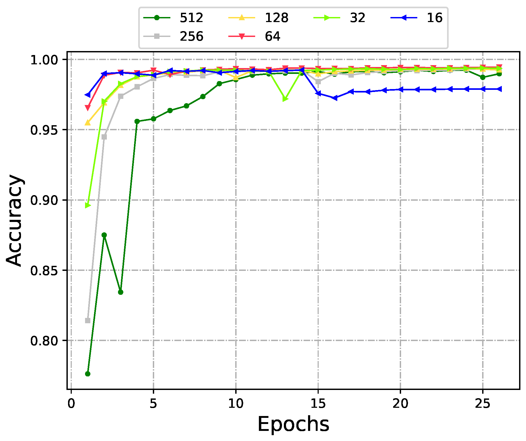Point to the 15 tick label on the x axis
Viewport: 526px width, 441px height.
pyautogui.click(x=318, y=404)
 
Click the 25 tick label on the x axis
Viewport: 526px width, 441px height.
pyautogui.click(x=482, y=404)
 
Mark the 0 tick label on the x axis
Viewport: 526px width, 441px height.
pyautogui.click(x=71, y=404)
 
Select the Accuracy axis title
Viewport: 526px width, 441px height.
pyautogui.click(x=14, y=220)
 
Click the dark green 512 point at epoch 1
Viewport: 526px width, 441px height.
pyautogui.click(x=88, y=374)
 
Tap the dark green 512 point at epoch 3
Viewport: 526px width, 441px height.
pyautogui.click(x=120, y=292)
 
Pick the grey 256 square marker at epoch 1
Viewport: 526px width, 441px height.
pyautogui.click(x=88, y=321)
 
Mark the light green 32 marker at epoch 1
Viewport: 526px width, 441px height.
pyautogui.click(x=88, y=205)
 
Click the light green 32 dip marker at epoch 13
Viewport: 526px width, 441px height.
pyautogui.click(x=285, y=99)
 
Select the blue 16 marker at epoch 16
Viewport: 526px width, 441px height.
pyautogui.click(x=335, y=98)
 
